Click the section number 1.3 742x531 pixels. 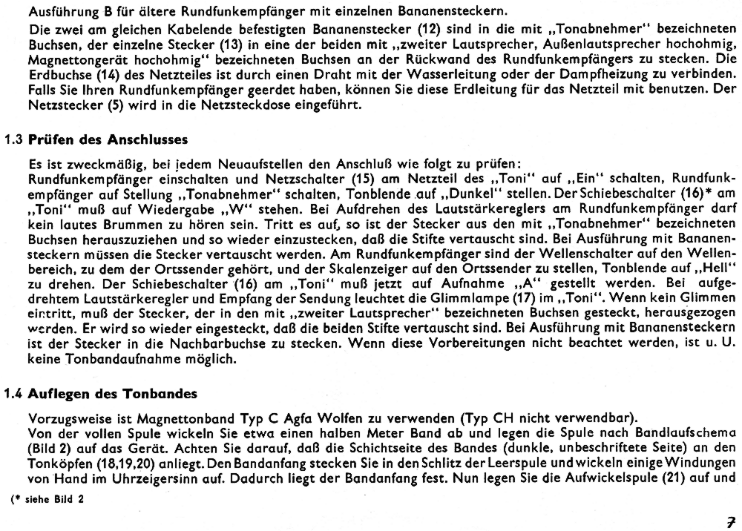point(15,139)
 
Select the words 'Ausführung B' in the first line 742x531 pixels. point(59,10)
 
